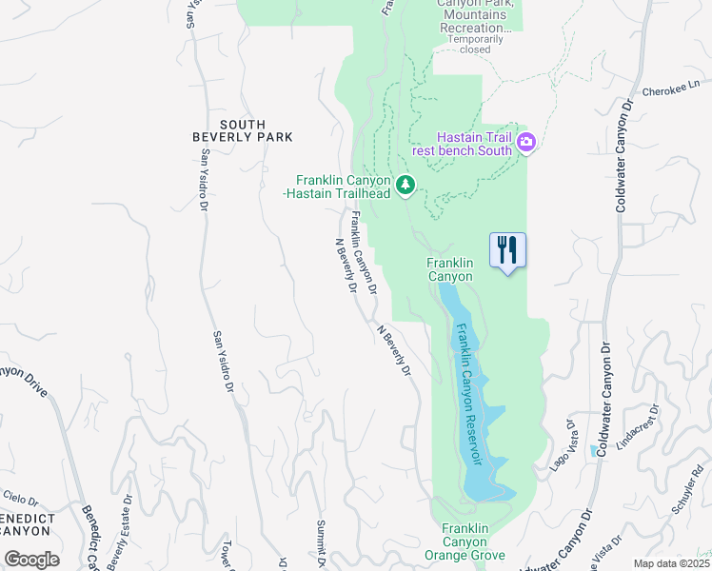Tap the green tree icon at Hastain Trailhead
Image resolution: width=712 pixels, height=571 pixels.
(406, 185)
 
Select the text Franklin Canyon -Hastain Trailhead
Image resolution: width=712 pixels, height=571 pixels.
(343, 187)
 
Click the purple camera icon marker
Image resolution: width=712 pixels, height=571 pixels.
(527, 144)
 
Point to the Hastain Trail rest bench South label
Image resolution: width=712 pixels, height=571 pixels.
(474, 144)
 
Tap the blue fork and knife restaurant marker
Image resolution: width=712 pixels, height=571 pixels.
(507, 250)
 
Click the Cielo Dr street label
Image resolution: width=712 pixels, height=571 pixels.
(20, 498)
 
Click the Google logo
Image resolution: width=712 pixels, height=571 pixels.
(32, 559)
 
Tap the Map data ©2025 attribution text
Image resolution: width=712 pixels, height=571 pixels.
(670, 563)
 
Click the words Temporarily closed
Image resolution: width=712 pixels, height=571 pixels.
(475, 44)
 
